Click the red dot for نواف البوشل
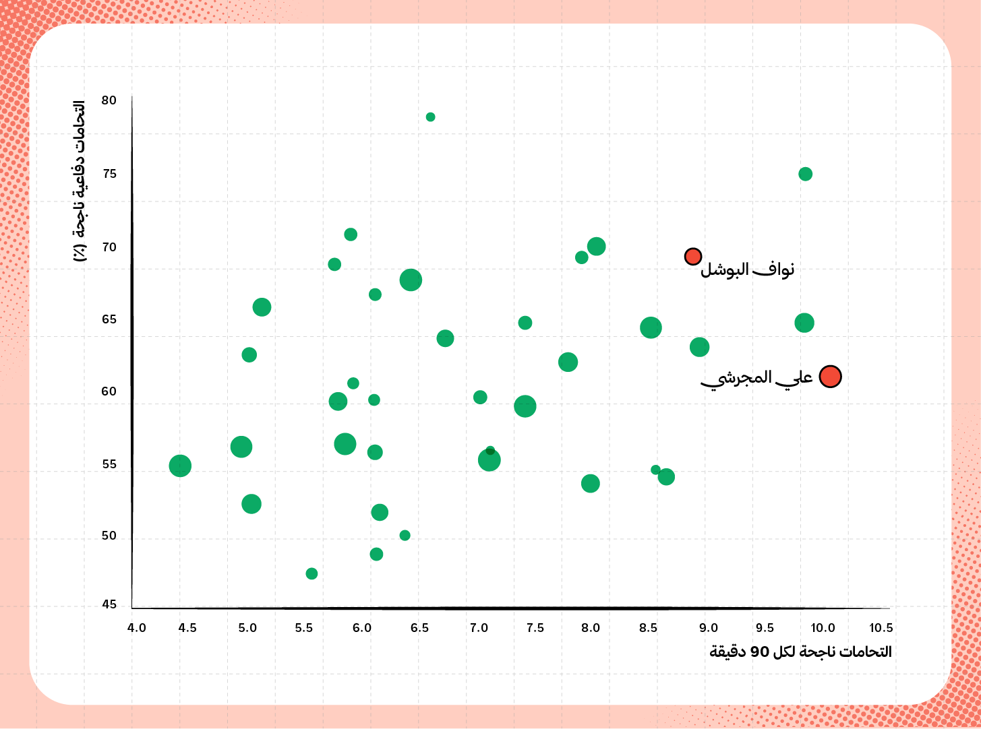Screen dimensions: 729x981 693,257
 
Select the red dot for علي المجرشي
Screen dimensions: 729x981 830,377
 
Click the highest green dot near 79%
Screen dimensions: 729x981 430,117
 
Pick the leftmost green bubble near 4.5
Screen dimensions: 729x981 180,466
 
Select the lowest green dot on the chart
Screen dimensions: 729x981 311,573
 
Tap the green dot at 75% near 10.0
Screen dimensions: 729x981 805,175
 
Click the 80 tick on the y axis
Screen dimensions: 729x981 109,100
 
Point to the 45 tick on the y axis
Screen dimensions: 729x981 109,604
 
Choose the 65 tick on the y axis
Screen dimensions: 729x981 109,319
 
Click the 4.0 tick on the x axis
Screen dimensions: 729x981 137,628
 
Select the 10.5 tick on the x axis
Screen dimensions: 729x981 881,628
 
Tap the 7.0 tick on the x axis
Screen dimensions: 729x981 479,628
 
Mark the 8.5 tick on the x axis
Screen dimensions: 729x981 648,628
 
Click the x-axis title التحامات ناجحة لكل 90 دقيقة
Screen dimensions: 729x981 800,652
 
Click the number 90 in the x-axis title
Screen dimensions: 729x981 760,652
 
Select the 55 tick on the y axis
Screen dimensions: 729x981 109,464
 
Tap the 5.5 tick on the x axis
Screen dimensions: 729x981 304,628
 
